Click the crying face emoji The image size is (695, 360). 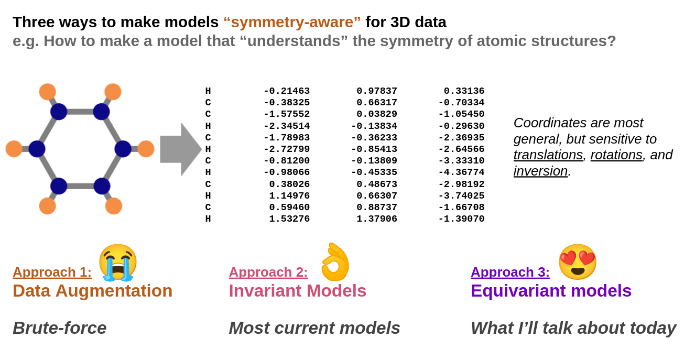point(117,262)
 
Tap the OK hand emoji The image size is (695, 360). point(335,261)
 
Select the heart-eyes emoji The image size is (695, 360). point(577,261)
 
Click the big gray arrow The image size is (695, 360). point(180,149)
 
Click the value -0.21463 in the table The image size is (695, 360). point(286,91)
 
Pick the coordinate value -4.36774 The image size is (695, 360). point(461,172)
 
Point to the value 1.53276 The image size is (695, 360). point(289,219)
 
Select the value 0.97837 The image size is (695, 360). point(376,91)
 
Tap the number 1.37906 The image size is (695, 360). point(376,219)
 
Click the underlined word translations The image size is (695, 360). point(548,155)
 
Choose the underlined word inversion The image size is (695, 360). point(540,171)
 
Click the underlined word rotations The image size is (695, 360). point(616,155)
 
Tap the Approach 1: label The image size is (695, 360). point(52,272)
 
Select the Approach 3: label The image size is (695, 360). point(510,272)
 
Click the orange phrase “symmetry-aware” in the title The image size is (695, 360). point(292,22)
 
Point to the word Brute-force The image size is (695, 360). point(59,328)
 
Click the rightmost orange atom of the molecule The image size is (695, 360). point(146,149)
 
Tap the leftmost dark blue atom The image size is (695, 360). point(37,149)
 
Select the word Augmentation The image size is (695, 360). point(114,290)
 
